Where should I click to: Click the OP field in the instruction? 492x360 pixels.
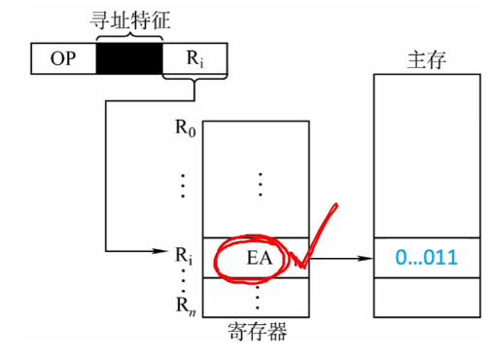(63, 58)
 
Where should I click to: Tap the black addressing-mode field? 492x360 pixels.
(129, 58)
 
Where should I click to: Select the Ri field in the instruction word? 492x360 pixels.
(194, 58)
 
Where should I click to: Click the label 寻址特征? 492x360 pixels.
(129, 20)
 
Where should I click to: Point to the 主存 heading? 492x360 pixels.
(427, 60)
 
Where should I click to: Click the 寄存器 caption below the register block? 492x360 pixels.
(257, 332)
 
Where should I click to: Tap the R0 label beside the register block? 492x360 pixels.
(186, 128)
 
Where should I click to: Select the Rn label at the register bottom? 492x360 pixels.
(186, 306)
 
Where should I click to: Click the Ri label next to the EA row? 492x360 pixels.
(184, 256)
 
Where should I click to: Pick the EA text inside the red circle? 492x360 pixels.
(260, 259)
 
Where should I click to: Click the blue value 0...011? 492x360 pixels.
(426, 258)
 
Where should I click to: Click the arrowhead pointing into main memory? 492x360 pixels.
(366, 259)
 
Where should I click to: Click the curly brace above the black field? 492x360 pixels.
(129, 36)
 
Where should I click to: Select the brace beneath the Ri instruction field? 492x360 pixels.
(194, 78)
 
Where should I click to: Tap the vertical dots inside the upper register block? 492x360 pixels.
(261, 185)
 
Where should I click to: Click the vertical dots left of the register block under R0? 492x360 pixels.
(183, 186)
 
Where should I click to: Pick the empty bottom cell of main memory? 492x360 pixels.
(427, 298)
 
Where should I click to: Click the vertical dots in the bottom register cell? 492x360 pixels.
(258, 298)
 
